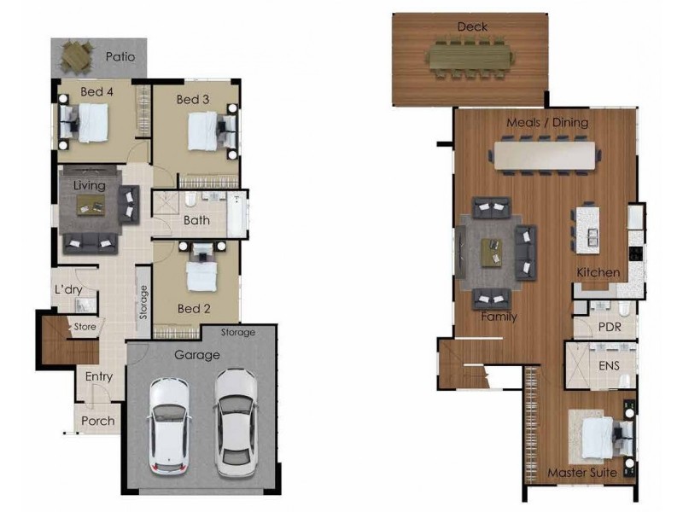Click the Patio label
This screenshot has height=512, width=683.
pyautogui.click(x=120, y=57)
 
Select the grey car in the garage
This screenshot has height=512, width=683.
pyautogui.click(x=236, y=422)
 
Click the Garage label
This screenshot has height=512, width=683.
pyautogui.click(x=197, y=355)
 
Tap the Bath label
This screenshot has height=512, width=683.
pyautogui.click(x=196, y=221)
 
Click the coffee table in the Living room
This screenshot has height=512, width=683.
pyautogui.click(x=90, y=205)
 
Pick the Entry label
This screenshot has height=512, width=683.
pyautogui.click(x=99, y=376)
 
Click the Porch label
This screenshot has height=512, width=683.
pyautogui.click(x=98, y=421)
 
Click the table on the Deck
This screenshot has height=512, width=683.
pyautogui.click(x=471, y=57)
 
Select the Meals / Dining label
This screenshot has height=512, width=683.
pyautogui.click(x=547, y=122)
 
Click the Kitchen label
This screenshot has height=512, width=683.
pyautogui.click(x=598, y=272)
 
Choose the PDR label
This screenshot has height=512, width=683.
pyautogui.click(x=609, y=327)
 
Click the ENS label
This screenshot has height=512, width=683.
pyautogui.click(x=610, y=366)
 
